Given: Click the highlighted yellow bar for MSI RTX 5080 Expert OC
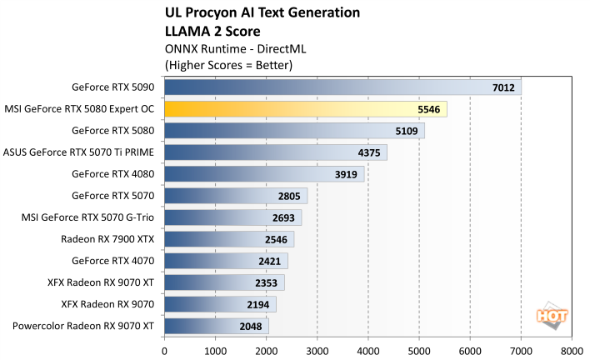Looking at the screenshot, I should [x=305, y=108].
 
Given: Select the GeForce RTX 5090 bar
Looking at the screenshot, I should [x=342, y=87].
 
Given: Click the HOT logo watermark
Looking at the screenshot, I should [x=550, y=316].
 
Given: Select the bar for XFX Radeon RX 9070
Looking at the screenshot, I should [x=220, y=304].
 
